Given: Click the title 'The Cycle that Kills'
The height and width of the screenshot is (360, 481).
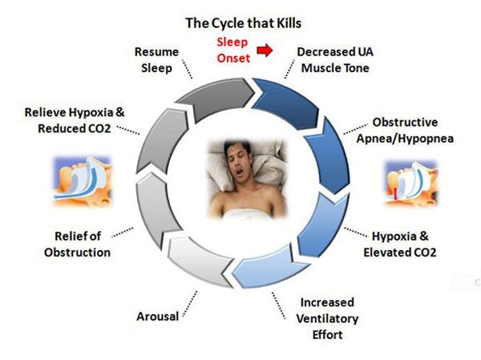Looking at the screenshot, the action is [243, 23].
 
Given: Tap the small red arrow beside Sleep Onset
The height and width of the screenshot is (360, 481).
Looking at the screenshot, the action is [265, 50].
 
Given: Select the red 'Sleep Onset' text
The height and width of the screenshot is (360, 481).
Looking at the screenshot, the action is [233, 50].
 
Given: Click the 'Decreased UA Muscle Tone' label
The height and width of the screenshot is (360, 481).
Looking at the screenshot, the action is [335, 60].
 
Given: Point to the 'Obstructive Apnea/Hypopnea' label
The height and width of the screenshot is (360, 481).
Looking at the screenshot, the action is [405, 130].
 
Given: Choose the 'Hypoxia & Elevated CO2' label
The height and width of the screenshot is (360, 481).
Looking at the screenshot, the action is [400, 245].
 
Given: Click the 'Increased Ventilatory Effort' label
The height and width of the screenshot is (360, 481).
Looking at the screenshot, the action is [327, 318].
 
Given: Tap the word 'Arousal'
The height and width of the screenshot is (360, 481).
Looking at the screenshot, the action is [158, 317].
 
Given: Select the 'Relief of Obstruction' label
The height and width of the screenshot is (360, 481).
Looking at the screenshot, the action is [77, 245].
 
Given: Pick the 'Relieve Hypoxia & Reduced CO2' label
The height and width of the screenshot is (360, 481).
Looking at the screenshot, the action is [75, 120].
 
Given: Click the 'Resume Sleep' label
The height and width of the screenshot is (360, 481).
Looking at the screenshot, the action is [156, 60].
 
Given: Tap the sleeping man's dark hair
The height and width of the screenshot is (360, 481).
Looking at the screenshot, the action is [236, 148].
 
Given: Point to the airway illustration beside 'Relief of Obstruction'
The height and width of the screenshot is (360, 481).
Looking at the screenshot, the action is [83, 181].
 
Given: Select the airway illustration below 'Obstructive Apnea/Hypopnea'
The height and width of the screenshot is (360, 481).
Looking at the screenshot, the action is [411, 184].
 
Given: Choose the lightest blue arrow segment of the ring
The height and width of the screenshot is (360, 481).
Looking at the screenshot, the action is [267, 269].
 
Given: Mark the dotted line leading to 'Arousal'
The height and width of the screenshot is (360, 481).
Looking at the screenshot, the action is [190, 304].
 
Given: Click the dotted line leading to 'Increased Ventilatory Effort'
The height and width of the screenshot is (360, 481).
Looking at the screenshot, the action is [278, 305].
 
